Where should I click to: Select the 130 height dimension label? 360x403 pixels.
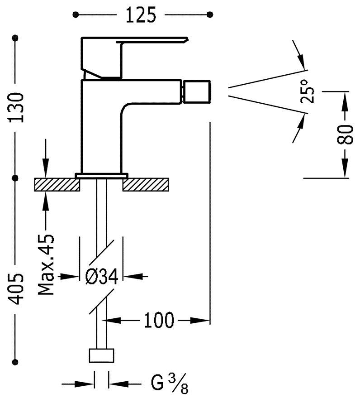tap(17, 107)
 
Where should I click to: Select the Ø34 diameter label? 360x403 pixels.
tap(102, 276)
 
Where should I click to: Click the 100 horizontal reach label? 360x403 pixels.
tap(159, 321)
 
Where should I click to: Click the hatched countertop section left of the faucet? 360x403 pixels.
tap(57, 184)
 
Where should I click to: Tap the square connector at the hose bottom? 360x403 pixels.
tap(102, 355)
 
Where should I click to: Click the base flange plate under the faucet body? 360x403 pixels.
tap(102, 174)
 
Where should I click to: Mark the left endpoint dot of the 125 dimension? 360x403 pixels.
tap(76, 15)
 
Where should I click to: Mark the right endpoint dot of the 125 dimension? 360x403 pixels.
tap(210, 15)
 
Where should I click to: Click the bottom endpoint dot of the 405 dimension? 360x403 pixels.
tap(17, 361)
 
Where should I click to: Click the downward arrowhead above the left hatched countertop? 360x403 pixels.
tap(46, 171)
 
